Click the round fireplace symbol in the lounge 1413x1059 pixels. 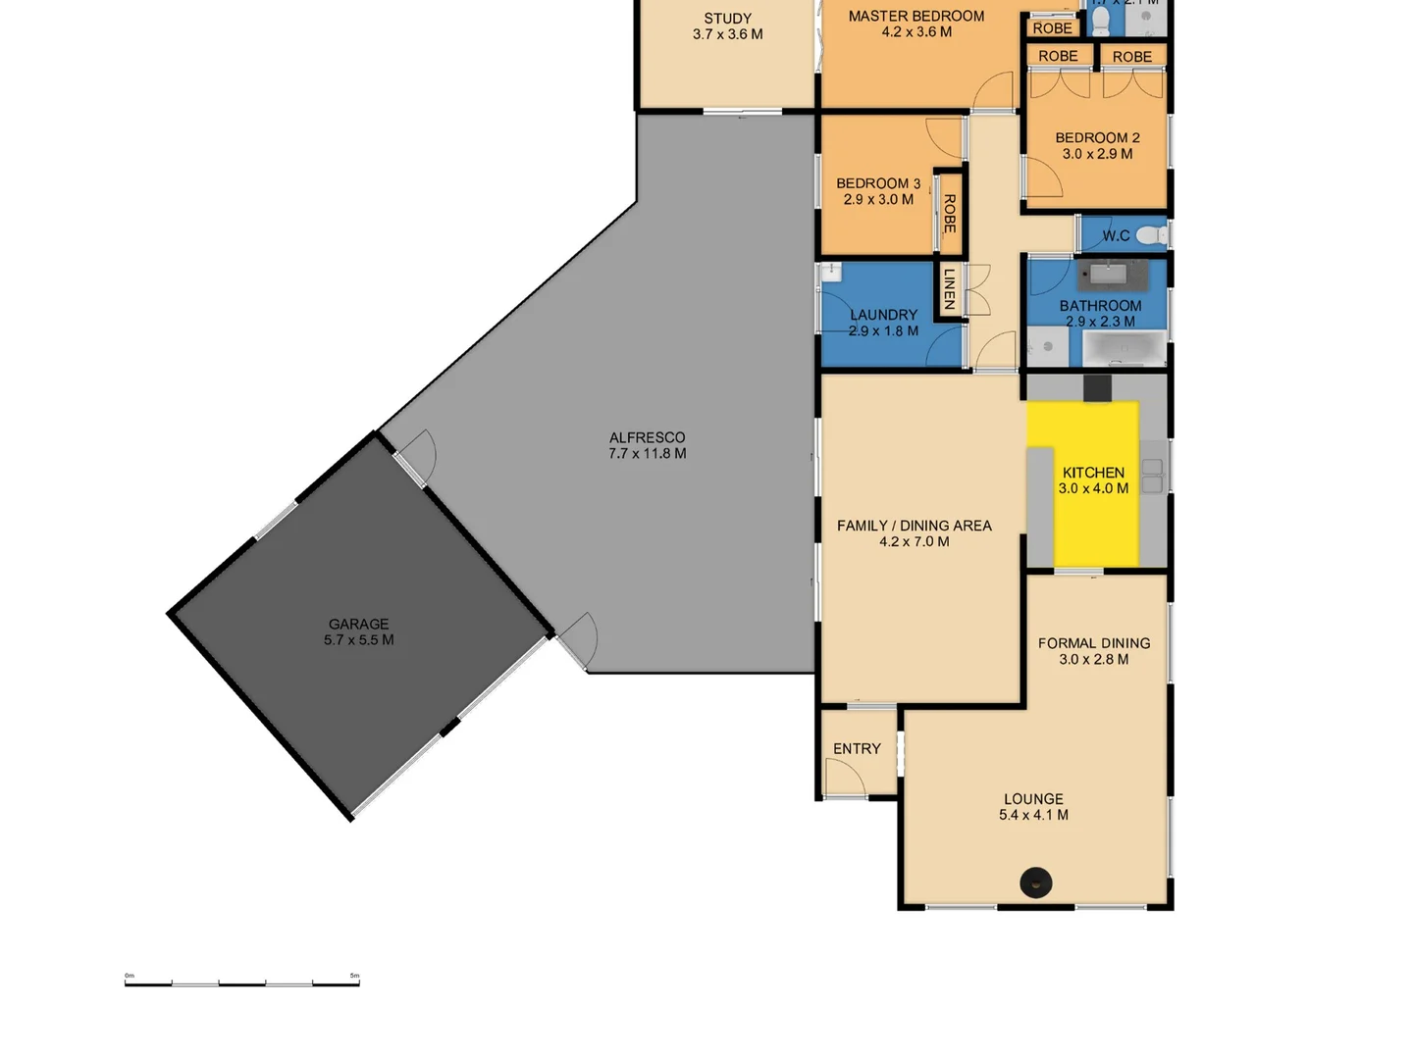coord(1035,882)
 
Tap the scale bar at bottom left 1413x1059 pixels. coord(241,981)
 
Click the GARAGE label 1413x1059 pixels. coord(358,624)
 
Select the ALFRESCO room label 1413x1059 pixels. coord(647,437)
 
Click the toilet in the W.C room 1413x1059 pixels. coord(1155,235)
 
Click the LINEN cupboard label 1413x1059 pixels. coord(949,289)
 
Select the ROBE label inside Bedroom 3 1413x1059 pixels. coord(949,213)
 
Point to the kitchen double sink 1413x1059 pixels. coord(1152,477)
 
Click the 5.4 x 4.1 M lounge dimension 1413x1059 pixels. coord(1033,815)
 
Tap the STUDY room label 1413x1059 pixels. coord(727,18)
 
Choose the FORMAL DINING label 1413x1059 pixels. coord(1093,643)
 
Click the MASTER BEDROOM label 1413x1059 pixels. coord(916,16)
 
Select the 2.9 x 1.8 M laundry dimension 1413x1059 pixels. coord(883,331)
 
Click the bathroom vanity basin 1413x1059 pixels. coord(1112,274)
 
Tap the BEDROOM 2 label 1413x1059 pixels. coord(1097,137)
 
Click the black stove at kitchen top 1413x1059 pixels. coord(1097,388)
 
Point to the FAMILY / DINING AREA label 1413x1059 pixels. coord(914,526)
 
